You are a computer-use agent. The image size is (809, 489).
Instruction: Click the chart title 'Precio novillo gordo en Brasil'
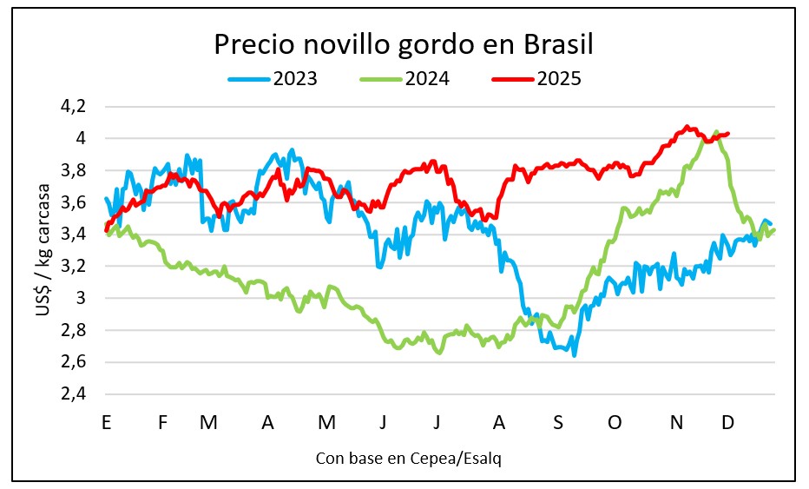click(x=404, y=44)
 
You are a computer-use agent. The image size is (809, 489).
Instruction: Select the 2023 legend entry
click(x=273, y=79)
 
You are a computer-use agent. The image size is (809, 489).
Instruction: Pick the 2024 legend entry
click(x=404, y=79)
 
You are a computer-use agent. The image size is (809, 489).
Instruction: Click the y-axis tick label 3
click(x=82, y=298)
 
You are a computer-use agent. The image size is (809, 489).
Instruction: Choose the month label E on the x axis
click(x=106, y=422)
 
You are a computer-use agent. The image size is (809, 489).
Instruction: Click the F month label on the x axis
click(x=162, y=422)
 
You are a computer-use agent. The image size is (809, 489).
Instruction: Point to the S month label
click(x=558, y=422)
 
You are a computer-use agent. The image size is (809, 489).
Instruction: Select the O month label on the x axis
click(x=615, y=422)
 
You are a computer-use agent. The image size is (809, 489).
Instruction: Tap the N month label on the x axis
click(x=677, y=422)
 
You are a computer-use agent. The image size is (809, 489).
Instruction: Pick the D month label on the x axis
click(x=728, y=422)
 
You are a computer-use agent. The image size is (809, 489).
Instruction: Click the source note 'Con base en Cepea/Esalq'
click(x=407, y=457)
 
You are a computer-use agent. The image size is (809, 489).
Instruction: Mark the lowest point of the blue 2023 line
click(x=575, y=355)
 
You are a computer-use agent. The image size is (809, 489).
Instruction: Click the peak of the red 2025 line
click(x=687, y=127)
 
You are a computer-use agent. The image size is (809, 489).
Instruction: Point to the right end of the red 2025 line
click(x=728, y=134)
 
